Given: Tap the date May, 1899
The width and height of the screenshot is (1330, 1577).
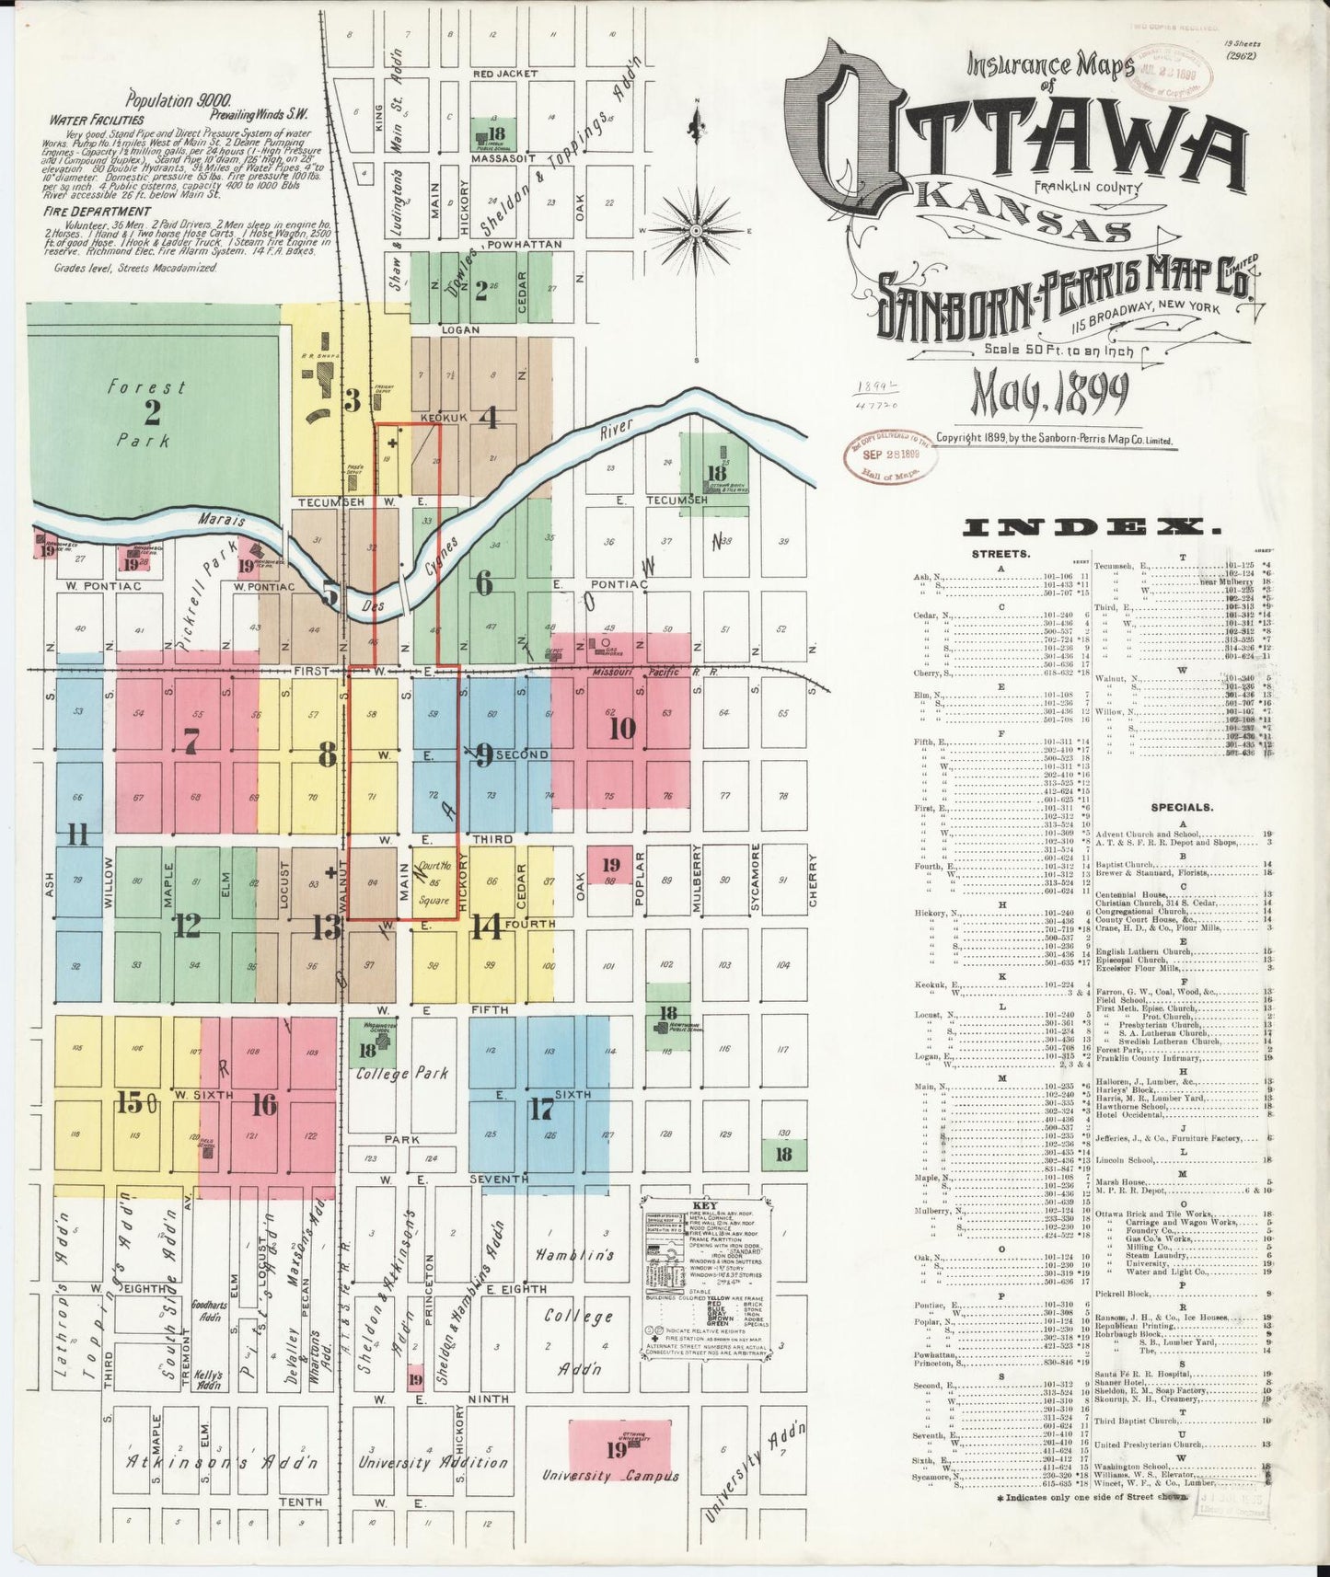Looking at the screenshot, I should (x=1050, y=393).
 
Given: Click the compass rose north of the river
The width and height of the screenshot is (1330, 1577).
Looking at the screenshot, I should (x=697, y=229).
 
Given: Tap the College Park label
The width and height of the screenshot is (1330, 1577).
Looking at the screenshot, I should (x=403, y=1073).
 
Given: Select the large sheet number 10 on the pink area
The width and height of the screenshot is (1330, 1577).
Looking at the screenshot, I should (x=622, y=728).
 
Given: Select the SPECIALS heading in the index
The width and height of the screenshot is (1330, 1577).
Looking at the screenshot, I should (x=1182, y=807).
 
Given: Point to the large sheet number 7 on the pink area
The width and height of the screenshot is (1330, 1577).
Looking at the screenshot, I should (x=191, y=740).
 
